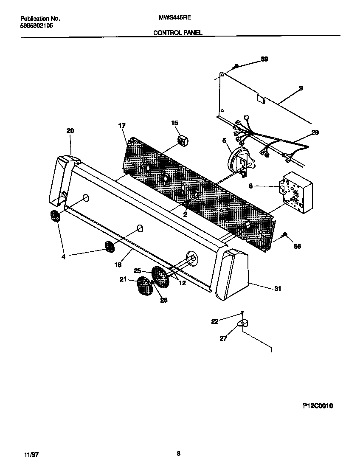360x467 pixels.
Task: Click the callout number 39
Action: [x=264, y=59]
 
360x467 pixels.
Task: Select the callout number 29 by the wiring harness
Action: [x=315, y=133]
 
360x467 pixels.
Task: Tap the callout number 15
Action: [x=174, y=123]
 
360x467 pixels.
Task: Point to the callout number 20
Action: [x=70, y=131]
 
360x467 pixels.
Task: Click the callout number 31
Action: [x=278, y=289]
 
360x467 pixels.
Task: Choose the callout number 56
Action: [x=297, y=246]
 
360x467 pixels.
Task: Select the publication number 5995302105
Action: [x=37, y=25]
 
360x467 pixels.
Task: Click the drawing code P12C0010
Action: [x=318, y=406]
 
